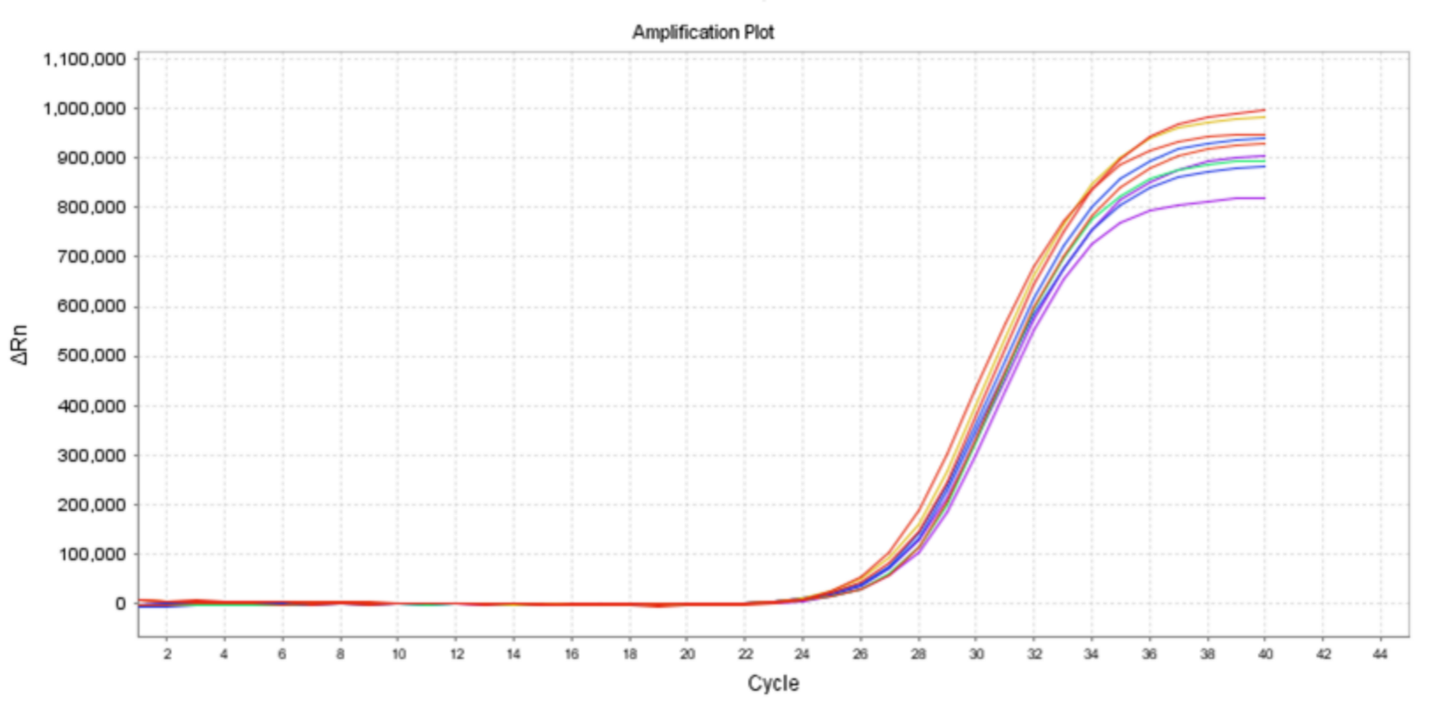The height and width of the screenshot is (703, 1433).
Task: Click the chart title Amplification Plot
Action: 703,33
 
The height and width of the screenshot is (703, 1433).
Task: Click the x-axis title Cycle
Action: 773,683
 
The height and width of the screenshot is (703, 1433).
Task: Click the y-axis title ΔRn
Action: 19,344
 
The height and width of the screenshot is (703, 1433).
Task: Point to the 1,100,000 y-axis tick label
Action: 84,59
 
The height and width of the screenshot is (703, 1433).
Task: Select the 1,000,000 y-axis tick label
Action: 84,109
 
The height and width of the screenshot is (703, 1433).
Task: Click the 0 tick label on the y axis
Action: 120,604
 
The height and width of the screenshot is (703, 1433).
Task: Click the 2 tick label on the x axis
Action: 167,654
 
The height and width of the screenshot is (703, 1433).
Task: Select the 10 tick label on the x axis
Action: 398,654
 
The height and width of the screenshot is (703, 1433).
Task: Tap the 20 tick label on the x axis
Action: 687,654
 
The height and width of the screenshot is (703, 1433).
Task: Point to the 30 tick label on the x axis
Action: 976,654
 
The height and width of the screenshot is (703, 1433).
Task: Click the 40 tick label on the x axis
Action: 1265,654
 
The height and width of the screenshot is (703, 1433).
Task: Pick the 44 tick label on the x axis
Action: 1381,654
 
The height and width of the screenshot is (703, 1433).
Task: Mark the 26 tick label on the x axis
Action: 861,654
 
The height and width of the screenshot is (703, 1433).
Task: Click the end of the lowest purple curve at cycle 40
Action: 1264,198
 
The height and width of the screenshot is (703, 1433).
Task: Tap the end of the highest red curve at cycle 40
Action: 1264,110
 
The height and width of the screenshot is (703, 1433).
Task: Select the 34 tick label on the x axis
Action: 1092,654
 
